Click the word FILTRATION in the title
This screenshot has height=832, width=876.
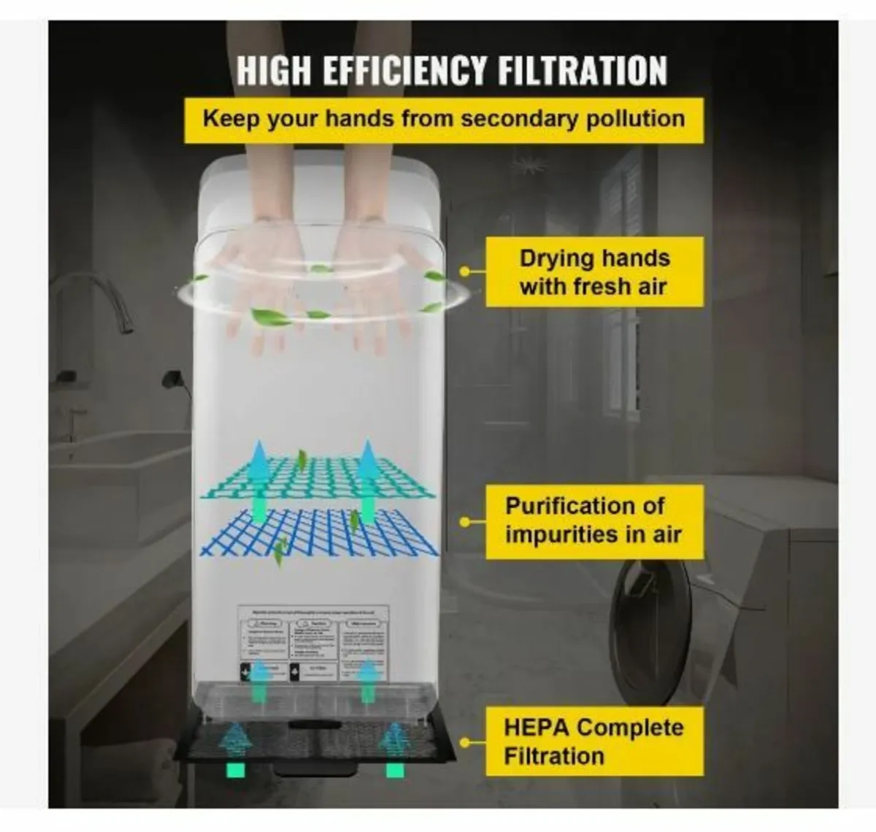coord(582,71)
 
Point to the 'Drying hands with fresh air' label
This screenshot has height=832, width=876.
coord(593,272)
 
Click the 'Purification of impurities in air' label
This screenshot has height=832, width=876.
coord(593,520)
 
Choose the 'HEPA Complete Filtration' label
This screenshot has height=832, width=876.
coord(593,741)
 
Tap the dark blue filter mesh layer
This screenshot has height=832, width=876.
coord(321,531)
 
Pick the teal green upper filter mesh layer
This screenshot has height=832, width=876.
coord(321,478)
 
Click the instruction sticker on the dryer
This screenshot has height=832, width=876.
coord(314,642)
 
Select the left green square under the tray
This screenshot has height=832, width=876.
coord(236,769)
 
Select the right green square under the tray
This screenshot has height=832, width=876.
coord(395,769)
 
